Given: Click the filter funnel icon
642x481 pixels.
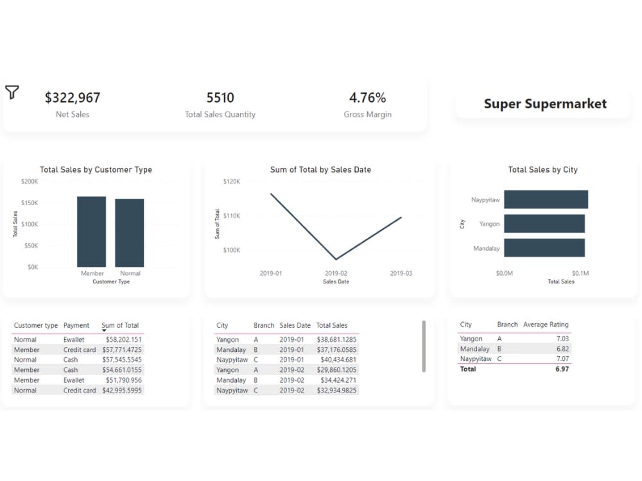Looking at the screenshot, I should pos(12,92).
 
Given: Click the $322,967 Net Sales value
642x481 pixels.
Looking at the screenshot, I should pos(73,97).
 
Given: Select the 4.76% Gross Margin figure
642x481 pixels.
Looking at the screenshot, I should pos(367,97).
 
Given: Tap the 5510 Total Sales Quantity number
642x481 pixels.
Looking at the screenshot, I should pos(220,97).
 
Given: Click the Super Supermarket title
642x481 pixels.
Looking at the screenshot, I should pos(544,104).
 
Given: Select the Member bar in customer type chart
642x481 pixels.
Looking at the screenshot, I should pos(91,232).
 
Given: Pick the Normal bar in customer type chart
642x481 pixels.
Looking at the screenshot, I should pos(130,233).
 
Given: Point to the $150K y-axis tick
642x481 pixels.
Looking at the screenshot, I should pos(30,203).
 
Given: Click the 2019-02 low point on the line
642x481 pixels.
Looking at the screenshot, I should pos(336,259).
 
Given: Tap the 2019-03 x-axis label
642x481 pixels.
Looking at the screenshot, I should pos(401,273).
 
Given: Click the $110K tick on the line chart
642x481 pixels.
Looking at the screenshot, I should pos(231,216).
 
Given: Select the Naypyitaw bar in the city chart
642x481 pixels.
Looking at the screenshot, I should pos(546,199).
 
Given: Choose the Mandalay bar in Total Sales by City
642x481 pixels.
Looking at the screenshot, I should pos(544,248).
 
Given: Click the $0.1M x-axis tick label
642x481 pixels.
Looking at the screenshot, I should pos(580,273).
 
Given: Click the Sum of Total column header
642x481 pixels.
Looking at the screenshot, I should pos(120,325).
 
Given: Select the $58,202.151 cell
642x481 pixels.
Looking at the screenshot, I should pos(124,339).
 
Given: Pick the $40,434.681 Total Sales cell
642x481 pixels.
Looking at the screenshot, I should pos(337,360).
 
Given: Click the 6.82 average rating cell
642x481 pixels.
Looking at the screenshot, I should pos(562,349).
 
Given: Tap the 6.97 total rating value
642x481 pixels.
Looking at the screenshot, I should pos(562,369).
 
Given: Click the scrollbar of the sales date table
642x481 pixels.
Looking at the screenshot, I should pos(424,346).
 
